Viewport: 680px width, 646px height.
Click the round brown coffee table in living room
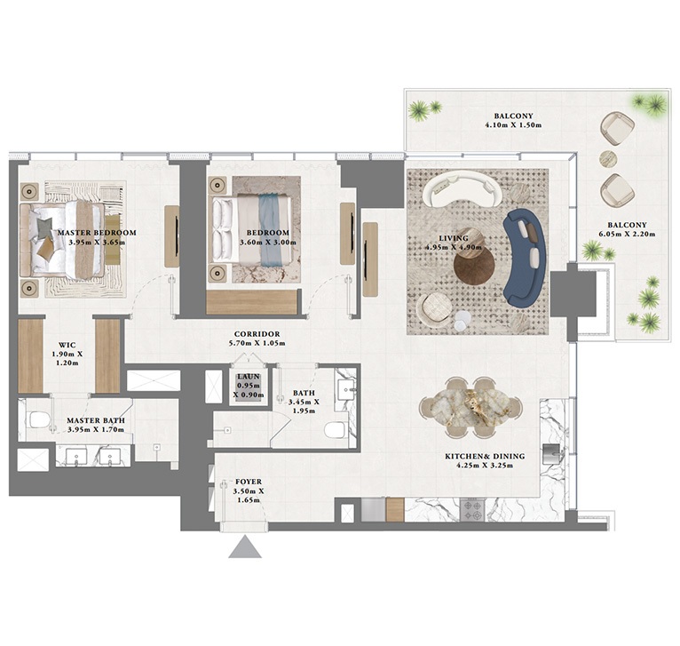470,265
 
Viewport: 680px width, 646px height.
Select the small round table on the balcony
608,159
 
